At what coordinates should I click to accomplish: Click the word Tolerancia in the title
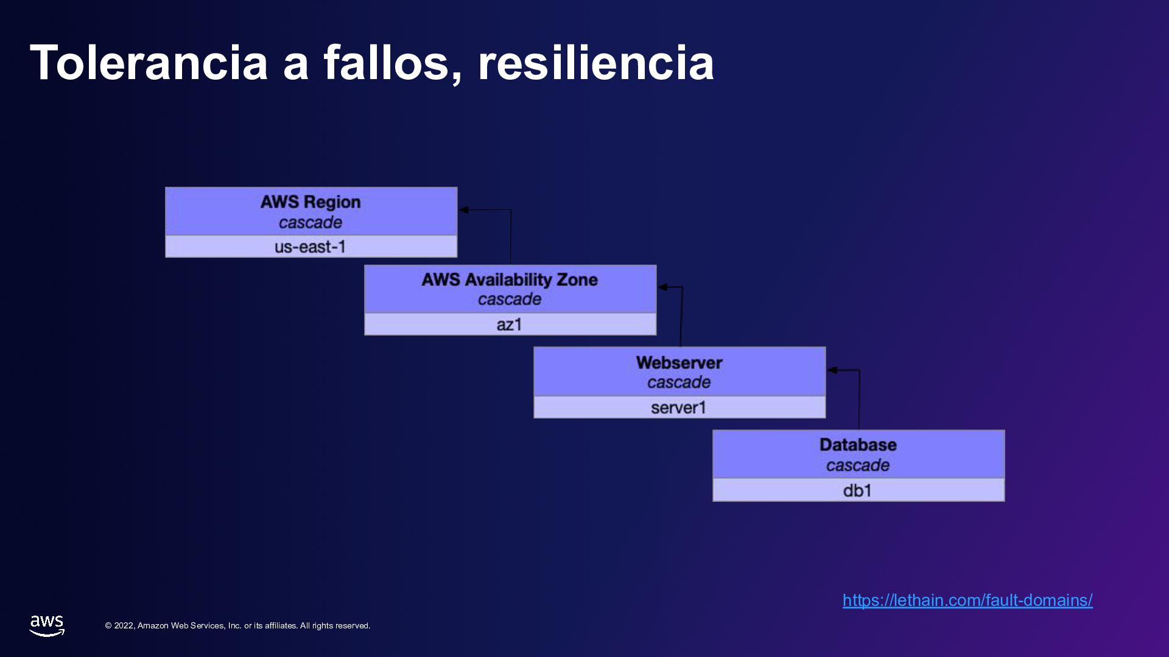[149, 63]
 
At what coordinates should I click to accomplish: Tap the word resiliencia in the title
[595, 63]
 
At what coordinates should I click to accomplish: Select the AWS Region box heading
[311, 202]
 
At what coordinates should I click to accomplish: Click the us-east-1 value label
[311, 247]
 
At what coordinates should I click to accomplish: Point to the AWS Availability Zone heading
[510, 280]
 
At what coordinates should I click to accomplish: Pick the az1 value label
[510, 325]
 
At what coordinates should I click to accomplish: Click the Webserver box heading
[679, 363]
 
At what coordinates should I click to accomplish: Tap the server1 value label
[679, 408]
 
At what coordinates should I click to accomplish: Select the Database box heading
[858, 445]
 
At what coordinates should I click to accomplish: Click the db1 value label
[858, 490]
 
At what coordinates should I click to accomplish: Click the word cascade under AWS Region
[311, 223]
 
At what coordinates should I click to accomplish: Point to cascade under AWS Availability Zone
[510, 299]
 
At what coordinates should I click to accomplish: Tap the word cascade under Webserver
[679, 382]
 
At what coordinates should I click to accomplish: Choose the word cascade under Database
[858, 465]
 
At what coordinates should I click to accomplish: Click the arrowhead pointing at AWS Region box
[464, 210]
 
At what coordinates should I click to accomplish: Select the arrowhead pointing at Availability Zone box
[663, 287]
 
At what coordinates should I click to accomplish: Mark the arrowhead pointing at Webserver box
[832, 370]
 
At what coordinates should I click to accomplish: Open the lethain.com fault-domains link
[967, 600]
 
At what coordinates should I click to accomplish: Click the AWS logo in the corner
[47, 625]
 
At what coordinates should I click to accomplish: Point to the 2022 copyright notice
[237, 626]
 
